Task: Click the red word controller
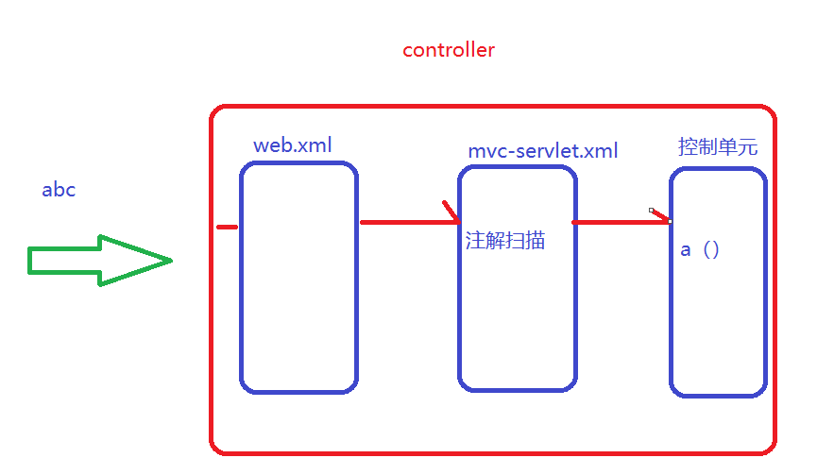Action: pos(449,50)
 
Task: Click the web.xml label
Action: pos(293,145)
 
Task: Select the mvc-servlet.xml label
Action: pos(543,151)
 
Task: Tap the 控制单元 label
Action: pos(718,147)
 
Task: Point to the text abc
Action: pos(59,190)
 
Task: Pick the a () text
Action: pos(700,250)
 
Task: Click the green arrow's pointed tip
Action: pos(170,261)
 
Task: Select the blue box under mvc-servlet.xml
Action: pos(518,321)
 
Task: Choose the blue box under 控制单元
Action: pos(718,321)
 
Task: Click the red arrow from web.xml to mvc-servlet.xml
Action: pos(406,222)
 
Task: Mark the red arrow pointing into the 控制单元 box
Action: pos(619,222)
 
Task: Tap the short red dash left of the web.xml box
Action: pos(227,227)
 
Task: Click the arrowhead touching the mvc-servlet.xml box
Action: pos(451,213)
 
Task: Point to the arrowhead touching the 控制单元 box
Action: pos(661,216)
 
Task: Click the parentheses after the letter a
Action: pos(711,250)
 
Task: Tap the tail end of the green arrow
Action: pos(31,261)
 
